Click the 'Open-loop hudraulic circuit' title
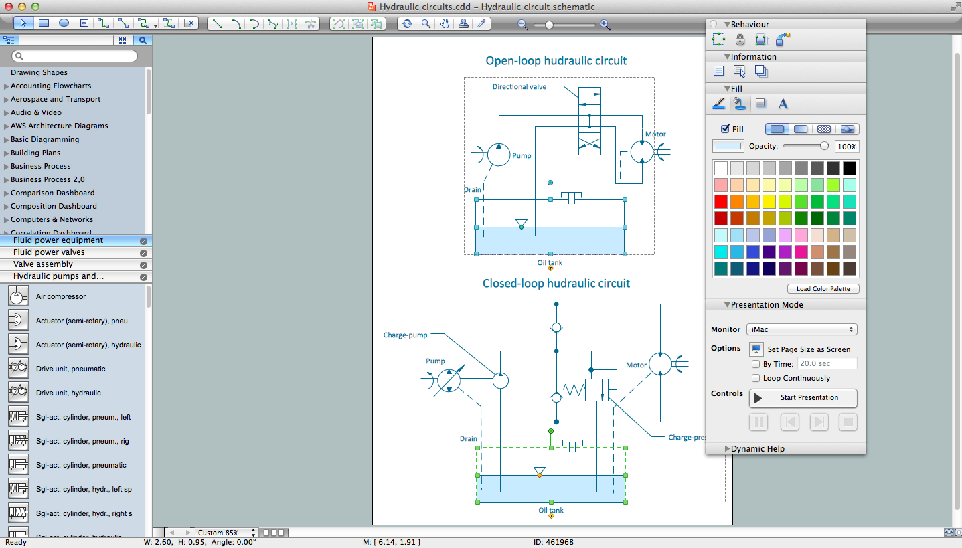556,61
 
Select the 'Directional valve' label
519,87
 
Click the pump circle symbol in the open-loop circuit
498,155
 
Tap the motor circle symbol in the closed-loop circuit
659,364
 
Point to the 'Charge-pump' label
405,335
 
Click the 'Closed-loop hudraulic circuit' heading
556,284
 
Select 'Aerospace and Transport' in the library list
56,99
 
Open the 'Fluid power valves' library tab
49,252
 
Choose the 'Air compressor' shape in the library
60,296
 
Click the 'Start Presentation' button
803,397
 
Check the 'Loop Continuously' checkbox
756,378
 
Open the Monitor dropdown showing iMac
802,329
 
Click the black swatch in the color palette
849,168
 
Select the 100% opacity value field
847,147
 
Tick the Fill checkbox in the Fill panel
725,129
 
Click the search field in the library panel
79,56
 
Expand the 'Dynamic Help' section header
757,449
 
